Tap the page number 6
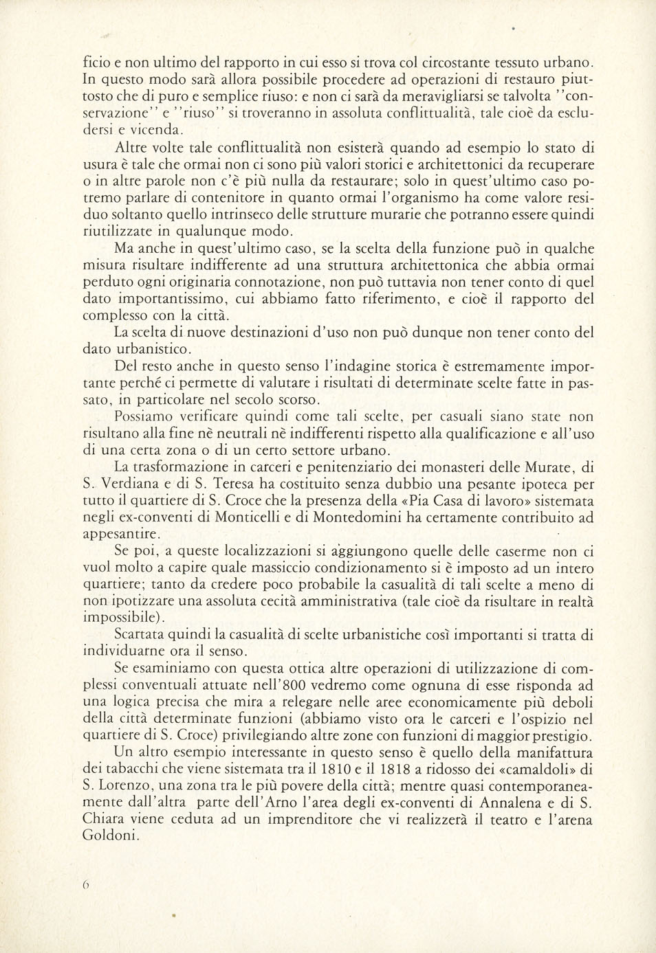(x=86, y=886)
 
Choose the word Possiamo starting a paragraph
(x=147, y=417)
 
